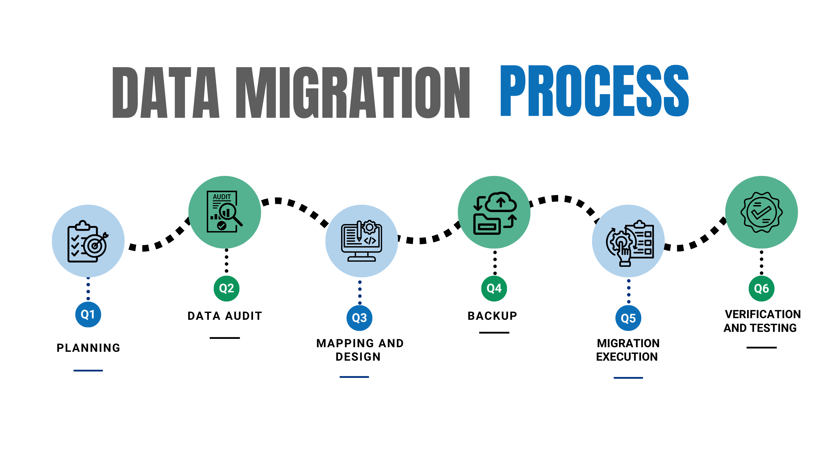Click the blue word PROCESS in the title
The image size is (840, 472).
coord(594,91)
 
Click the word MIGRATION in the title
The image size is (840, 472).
coord(353,92)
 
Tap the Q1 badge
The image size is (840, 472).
coord(88,314)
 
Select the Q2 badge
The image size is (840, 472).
coord(226,288)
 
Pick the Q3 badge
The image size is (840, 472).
coord(359,318)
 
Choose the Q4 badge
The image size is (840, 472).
coord(494,288)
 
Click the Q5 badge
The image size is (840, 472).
coord(628,318)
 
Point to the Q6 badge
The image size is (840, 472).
coord(761,289)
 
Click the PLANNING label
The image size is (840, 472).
coord(88,348)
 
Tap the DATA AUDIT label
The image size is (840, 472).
coord(225,316)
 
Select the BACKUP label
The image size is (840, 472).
coord(492,316)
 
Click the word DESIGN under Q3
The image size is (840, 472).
coord(358,357)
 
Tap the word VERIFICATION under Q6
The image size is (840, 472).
coord(763,314)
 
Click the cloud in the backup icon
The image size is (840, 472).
coord(500,203)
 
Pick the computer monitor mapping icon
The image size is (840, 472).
coord(361,241)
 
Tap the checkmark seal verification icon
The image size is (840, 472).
coord(761,212)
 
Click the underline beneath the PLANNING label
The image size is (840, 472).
coord(88,371)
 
